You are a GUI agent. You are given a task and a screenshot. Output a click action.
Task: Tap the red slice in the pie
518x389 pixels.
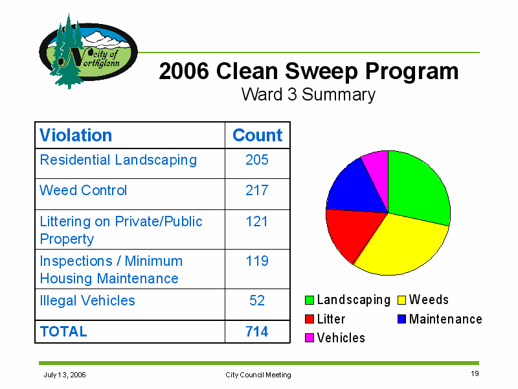(x=352, y=231)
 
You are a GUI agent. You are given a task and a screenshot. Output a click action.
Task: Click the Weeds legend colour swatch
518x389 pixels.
(x=401, y=300)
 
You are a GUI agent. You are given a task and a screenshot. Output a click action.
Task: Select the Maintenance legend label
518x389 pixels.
(x=445, y=319)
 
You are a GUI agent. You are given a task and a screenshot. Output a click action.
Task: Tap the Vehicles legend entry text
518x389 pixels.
(x=341, y=338)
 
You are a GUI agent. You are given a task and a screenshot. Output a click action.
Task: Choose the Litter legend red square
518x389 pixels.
(x=310, y=319)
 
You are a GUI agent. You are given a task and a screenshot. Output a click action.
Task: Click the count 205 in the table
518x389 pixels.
(x=257, y=159)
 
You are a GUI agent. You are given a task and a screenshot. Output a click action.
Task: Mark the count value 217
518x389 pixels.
(x=257, y=190)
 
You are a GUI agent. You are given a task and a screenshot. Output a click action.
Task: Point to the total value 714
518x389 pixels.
(x=256, y=331)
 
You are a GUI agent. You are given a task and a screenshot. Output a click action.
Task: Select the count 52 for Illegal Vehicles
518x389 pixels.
(x=257, y=300)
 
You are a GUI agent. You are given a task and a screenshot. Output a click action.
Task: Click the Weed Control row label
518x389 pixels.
(x=84, y=190)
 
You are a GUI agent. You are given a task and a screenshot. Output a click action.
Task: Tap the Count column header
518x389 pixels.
(x=257, y=136)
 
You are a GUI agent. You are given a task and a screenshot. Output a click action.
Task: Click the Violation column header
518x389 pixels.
(x=76, y=136)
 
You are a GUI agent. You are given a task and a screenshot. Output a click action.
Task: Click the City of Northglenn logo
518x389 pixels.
(x=88, y=51)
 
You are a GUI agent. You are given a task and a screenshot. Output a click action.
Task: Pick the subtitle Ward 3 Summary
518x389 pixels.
(x=308, y=95)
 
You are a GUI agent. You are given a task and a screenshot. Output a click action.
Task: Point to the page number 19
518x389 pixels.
(x=475, y=373)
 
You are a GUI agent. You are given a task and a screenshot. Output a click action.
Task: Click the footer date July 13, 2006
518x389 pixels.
(x=65, y=375)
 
